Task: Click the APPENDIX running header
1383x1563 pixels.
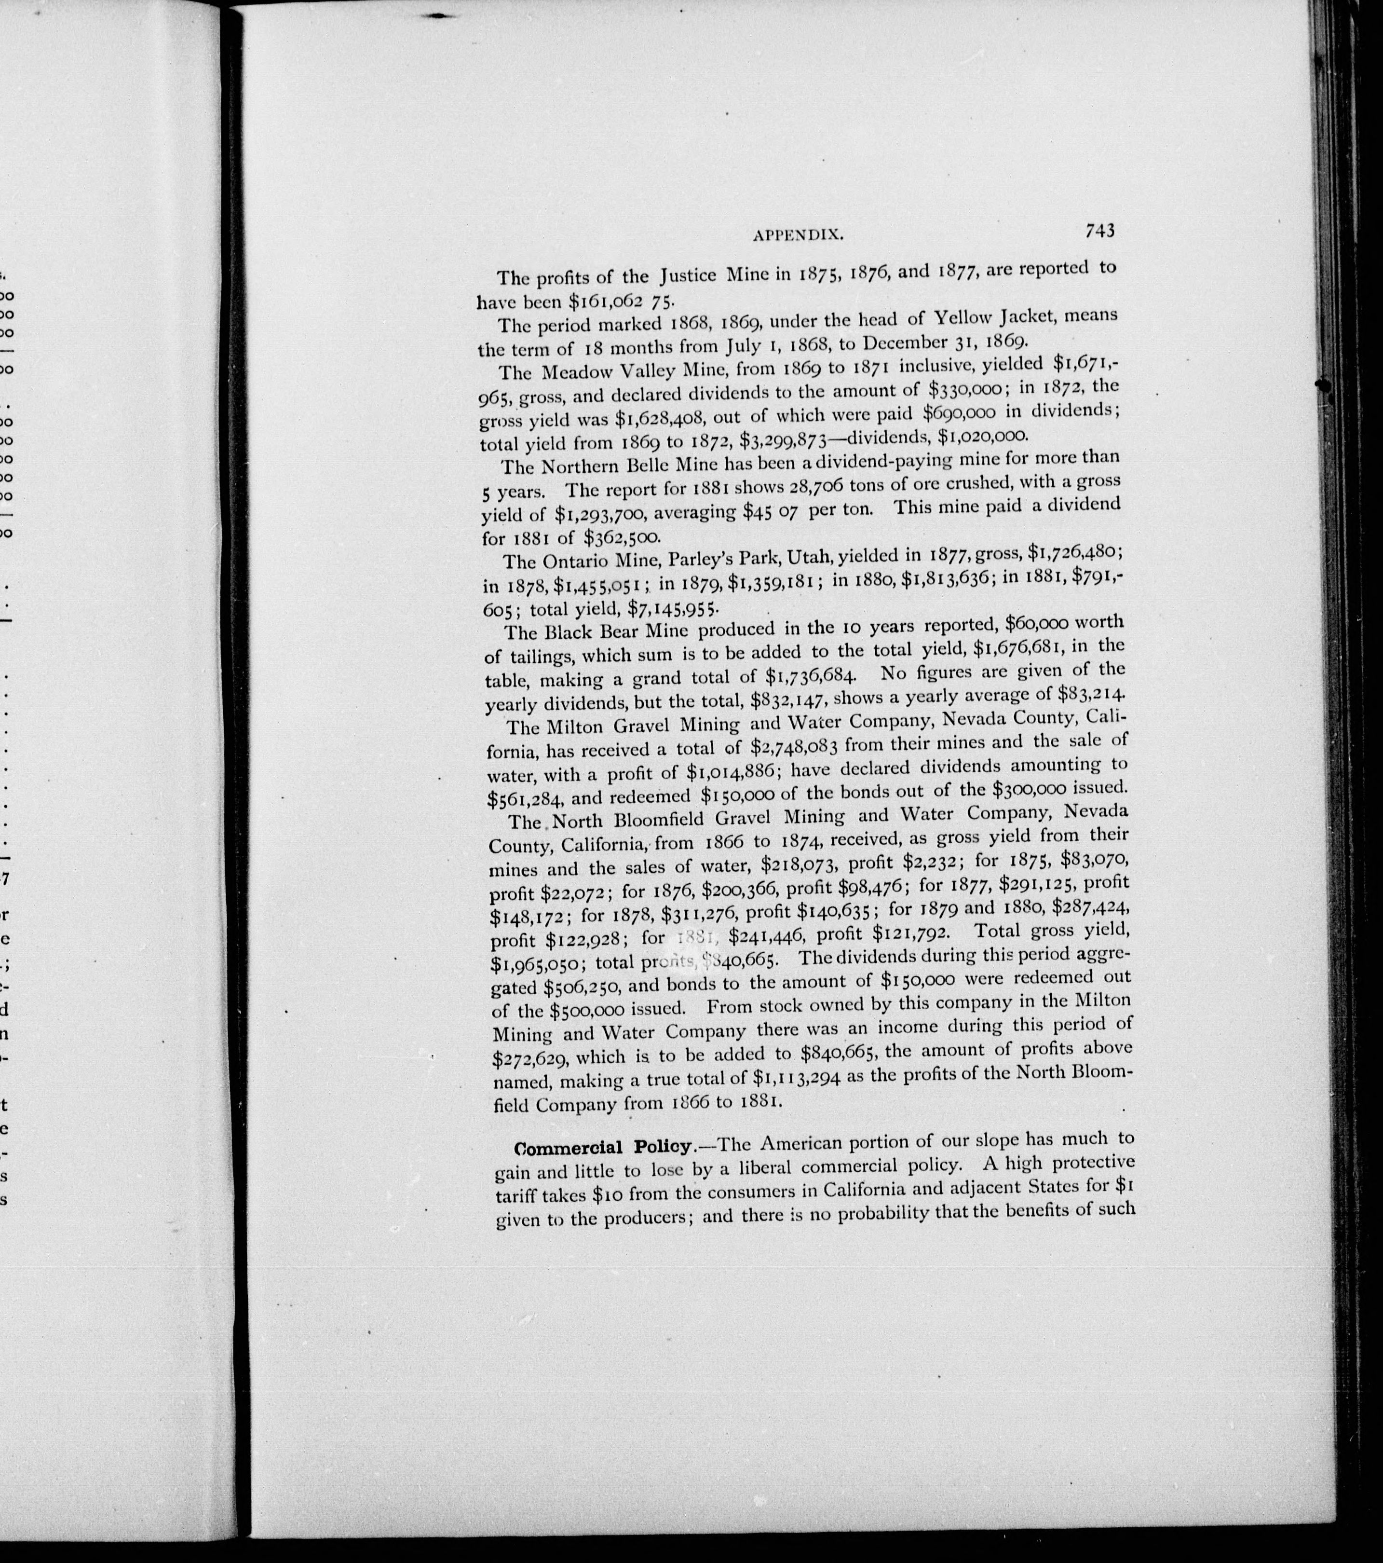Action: click(798, 235)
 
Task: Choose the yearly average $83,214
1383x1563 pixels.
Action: click(1080, 694)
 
